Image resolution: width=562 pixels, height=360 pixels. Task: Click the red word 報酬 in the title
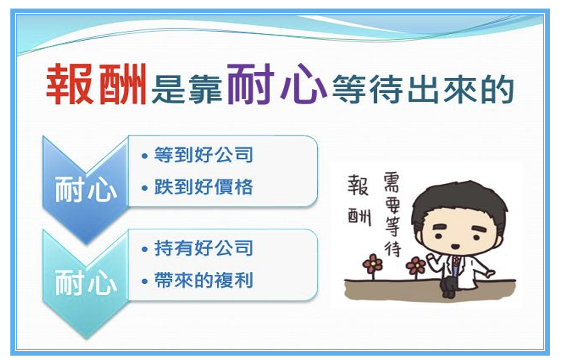pyautogui.click(x=97, y=84)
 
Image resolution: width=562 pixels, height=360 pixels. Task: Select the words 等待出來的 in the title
pyautogui.click(x=423, y=89)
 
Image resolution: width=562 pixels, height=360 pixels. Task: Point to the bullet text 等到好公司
pyautogui.click(x=204, y=155)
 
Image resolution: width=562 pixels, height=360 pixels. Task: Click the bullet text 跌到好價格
pyautogui.click(x=204, y=187)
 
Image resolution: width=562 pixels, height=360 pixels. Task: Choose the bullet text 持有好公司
pyautogui.click(x=204, y=248)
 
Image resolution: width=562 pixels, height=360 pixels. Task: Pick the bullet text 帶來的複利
pyautogui.click(x=204, y=280)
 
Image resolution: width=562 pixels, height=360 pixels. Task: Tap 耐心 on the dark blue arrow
pyautogui.click(x=86, y=189)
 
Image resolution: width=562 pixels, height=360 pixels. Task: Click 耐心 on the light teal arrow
pyautogui.click(x=86, y=282)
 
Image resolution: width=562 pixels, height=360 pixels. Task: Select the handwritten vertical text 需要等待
pyautogui.click(x=392, y=214)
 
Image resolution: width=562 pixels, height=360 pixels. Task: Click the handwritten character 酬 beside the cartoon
pyautogui.click(x=359, y=217)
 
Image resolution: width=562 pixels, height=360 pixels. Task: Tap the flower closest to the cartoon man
pyautogui.click(x=416, y=267)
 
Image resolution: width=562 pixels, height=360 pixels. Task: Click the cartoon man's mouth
pyautogui.click(x=455, y=246)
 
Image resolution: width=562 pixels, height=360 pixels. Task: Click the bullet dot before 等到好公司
pyautogui.click(x=145, y=156)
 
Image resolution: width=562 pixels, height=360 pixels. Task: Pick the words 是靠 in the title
pyautogui.click(x=187, y=89)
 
